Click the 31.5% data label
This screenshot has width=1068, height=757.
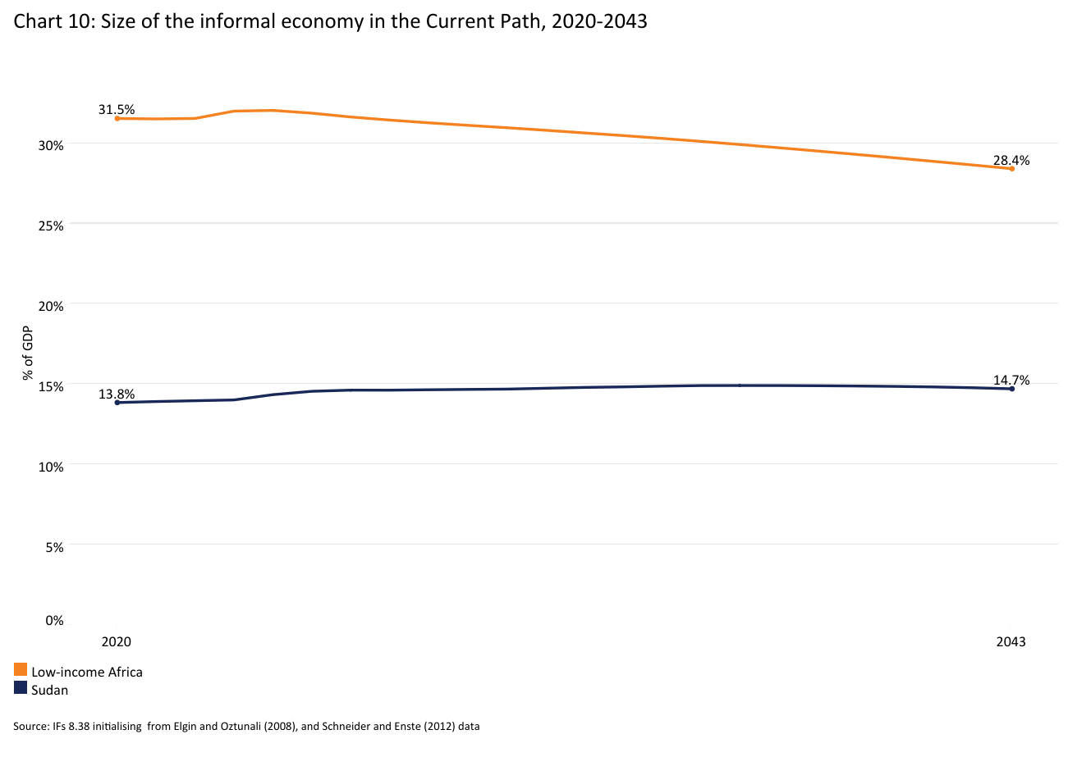tap(117, 109)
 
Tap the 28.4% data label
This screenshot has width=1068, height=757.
tap(1011, 160)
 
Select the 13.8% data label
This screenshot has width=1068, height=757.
tap(117, 394)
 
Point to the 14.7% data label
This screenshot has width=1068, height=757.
tap(1011, 380)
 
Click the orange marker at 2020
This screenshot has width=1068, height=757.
tap(117, 118)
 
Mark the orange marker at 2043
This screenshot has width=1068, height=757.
tap(1011, 169)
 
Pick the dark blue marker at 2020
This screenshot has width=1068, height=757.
tap(117, 403)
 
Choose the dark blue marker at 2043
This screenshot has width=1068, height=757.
tap(1011, 389)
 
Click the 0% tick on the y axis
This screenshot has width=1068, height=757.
tap(54, 620)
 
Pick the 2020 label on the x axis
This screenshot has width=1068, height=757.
tap(116, 642)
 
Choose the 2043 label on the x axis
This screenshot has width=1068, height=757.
tap(1011, 642)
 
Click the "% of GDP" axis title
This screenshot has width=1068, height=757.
tap(27, 353)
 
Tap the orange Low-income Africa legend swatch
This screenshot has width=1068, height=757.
tap(21, 670)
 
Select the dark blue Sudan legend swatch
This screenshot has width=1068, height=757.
tap(21, 688)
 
